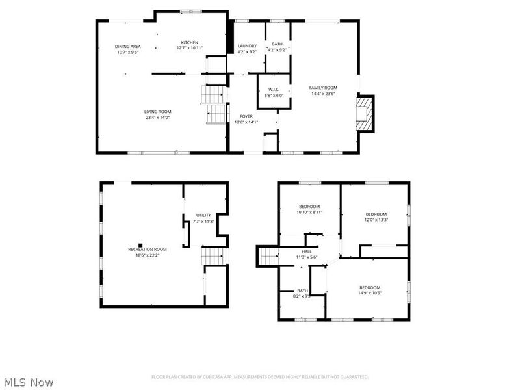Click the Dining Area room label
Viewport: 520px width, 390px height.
pos(127,46)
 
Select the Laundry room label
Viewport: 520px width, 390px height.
pos(247,45)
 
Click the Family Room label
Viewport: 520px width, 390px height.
pos(323,87)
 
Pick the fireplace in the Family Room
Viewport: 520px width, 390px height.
pos(367,113)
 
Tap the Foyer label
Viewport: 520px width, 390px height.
pos(246,116)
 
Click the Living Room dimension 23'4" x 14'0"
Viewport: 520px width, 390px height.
pos(157,117)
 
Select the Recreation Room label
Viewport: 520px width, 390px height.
pos(148,249)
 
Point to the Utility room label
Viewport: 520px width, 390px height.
pos(203,215)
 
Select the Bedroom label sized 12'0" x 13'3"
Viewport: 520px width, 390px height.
pos(376,214)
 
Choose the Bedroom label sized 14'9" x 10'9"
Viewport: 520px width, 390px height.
pos(370,287)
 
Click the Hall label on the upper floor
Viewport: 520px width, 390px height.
pos(306,252)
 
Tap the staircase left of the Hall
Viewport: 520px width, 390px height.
pos(268,256)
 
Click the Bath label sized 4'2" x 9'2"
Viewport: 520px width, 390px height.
pos(277,44)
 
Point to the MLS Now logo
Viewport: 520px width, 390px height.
pos(29,382)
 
